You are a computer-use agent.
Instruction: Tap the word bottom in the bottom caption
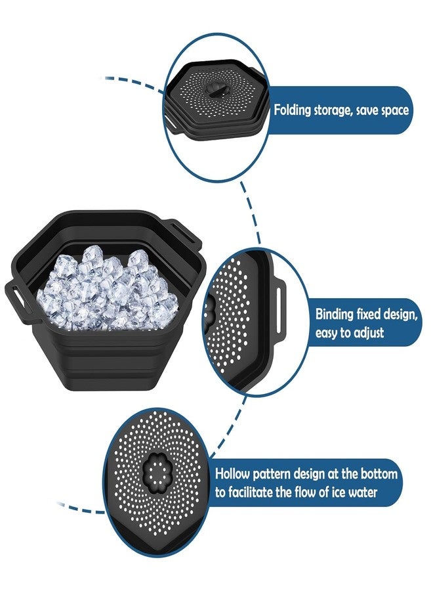click(x=380, y=473)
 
